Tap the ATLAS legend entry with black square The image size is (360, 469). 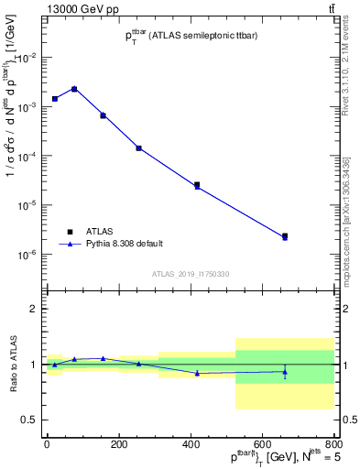point(86,231)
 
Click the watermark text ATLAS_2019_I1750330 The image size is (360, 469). point(191,274)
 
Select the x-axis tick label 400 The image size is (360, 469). point(191,444)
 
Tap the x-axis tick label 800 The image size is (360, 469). point(333,444)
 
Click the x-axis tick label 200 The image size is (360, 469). point(118,444)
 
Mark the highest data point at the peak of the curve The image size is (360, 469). point(74,89)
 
